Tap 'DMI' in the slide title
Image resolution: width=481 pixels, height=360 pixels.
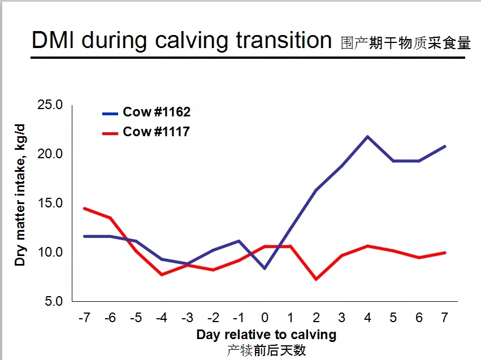pos(53,40)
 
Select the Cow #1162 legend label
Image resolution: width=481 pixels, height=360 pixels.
pos(157,112)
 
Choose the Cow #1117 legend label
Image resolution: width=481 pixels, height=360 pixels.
pos(156,132)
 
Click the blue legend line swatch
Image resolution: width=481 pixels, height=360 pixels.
pos(110,114)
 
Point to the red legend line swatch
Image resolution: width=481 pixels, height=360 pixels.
pos(110,133)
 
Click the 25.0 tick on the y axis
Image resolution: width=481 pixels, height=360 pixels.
pos(50,105)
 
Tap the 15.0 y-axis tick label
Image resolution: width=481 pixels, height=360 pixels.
pos(50,203)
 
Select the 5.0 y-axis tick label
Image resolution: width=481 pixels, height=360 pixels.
pos(54,301)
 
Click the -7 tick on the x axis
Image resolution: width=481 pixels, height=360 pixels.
pos(84,318)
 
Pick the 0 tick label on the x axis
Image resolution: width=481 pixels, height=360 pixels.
pos(265,318)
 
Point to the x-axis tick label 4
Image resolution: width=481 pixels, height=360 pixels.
pos(367,318)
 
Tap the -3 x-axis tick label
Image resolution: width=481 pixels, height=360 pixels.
pos(187,318)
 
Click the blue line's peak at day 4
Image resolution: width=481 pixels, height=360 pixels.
pos(367,136)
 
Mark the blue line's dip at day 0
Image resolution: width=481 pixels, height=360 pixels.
pos(265,268)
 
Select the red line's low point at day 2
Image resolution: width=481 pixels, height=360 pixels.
pos(317,279)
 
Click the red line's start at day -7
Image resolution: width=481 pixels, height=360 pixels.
pos(84,209)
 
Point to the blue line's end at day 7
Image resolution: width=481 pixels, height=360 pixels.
pos(445,146)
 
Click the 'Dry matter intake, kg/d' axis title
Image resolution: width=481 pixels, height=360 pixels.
pos(20,195)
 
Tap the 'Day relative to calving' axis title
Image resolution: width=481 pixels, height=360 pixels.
pos(266,335)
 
